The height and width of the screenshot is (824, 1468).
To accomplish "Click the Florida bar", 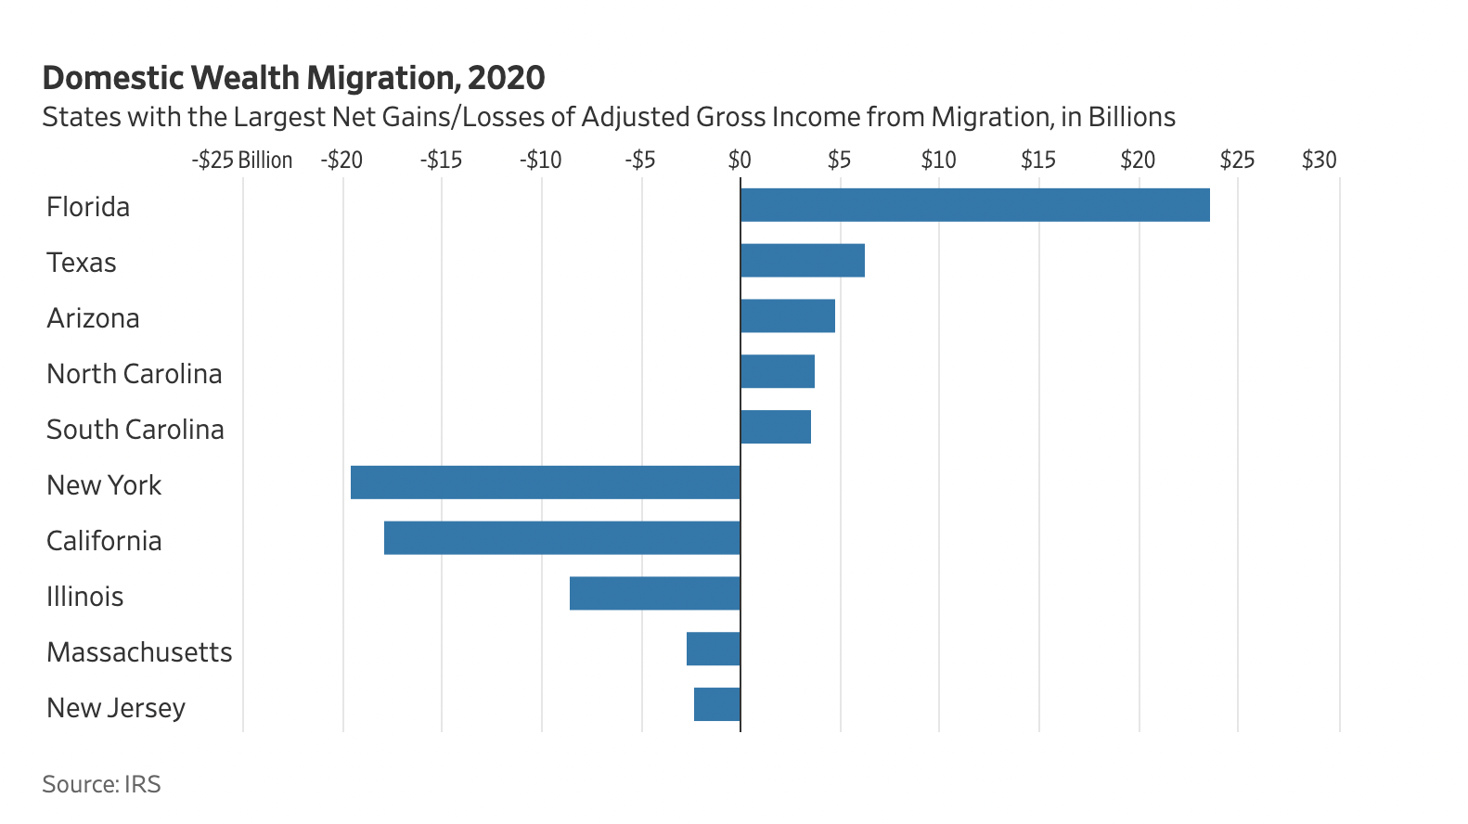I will click(x=974, y=205).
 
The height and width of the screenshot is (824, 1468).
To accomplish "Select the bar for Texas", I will click(x=803, y=261).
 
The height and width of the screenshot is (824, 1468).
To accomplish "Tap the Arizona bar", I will click(x=788, y=316).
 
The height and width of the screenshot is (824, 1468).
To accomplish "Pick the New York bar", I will click(x=546, y=483).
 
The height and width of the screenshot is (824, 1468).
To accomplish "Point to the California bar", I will click(x=562, y=538).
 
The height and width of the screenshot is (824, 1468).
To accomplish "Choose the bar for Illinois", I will click(x=655, y=594).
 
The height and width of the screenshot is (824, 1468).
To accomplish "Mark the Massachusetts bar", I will click(x=714, y=650).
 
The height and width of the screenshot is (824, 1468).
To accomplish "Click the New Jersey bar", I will click(x=717, y=705).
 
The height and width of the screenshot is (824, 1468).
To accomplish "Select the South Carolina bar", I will click(x=776, y=427).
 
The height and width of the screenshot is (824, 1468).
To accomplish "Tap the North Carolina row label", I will click(x=135, y=374).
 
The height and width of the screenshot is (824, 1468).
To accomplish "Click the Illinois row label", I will click(x=84, y=597).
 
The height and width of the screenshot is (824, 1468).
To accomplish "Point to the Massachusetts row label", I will click(x=139, y=652).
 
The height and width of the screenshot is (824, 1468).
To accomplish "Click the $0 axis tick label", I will click(x=740, y=161).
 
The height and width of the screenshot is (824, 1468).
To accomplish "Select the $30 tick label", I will click(x=1319, y=161).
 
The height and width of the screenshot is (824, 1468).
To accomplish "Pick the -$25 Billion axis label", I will click(x=242, y=161).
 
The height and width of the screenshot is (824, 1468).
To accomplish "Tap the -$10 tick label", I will click(x=540, y=161).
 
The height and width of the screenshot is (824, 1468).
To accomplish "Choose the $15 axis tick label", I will click(x=1038, y=161).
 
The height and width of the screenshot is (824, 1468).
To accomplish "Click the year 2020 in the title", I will click(x=507, y=78).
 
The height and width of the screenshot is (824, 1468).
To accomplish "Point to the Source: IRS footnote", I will click(x=101, y=784).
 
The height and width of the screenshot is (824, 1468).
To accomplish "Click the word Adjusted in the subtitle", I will click(x=635, y=118).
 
